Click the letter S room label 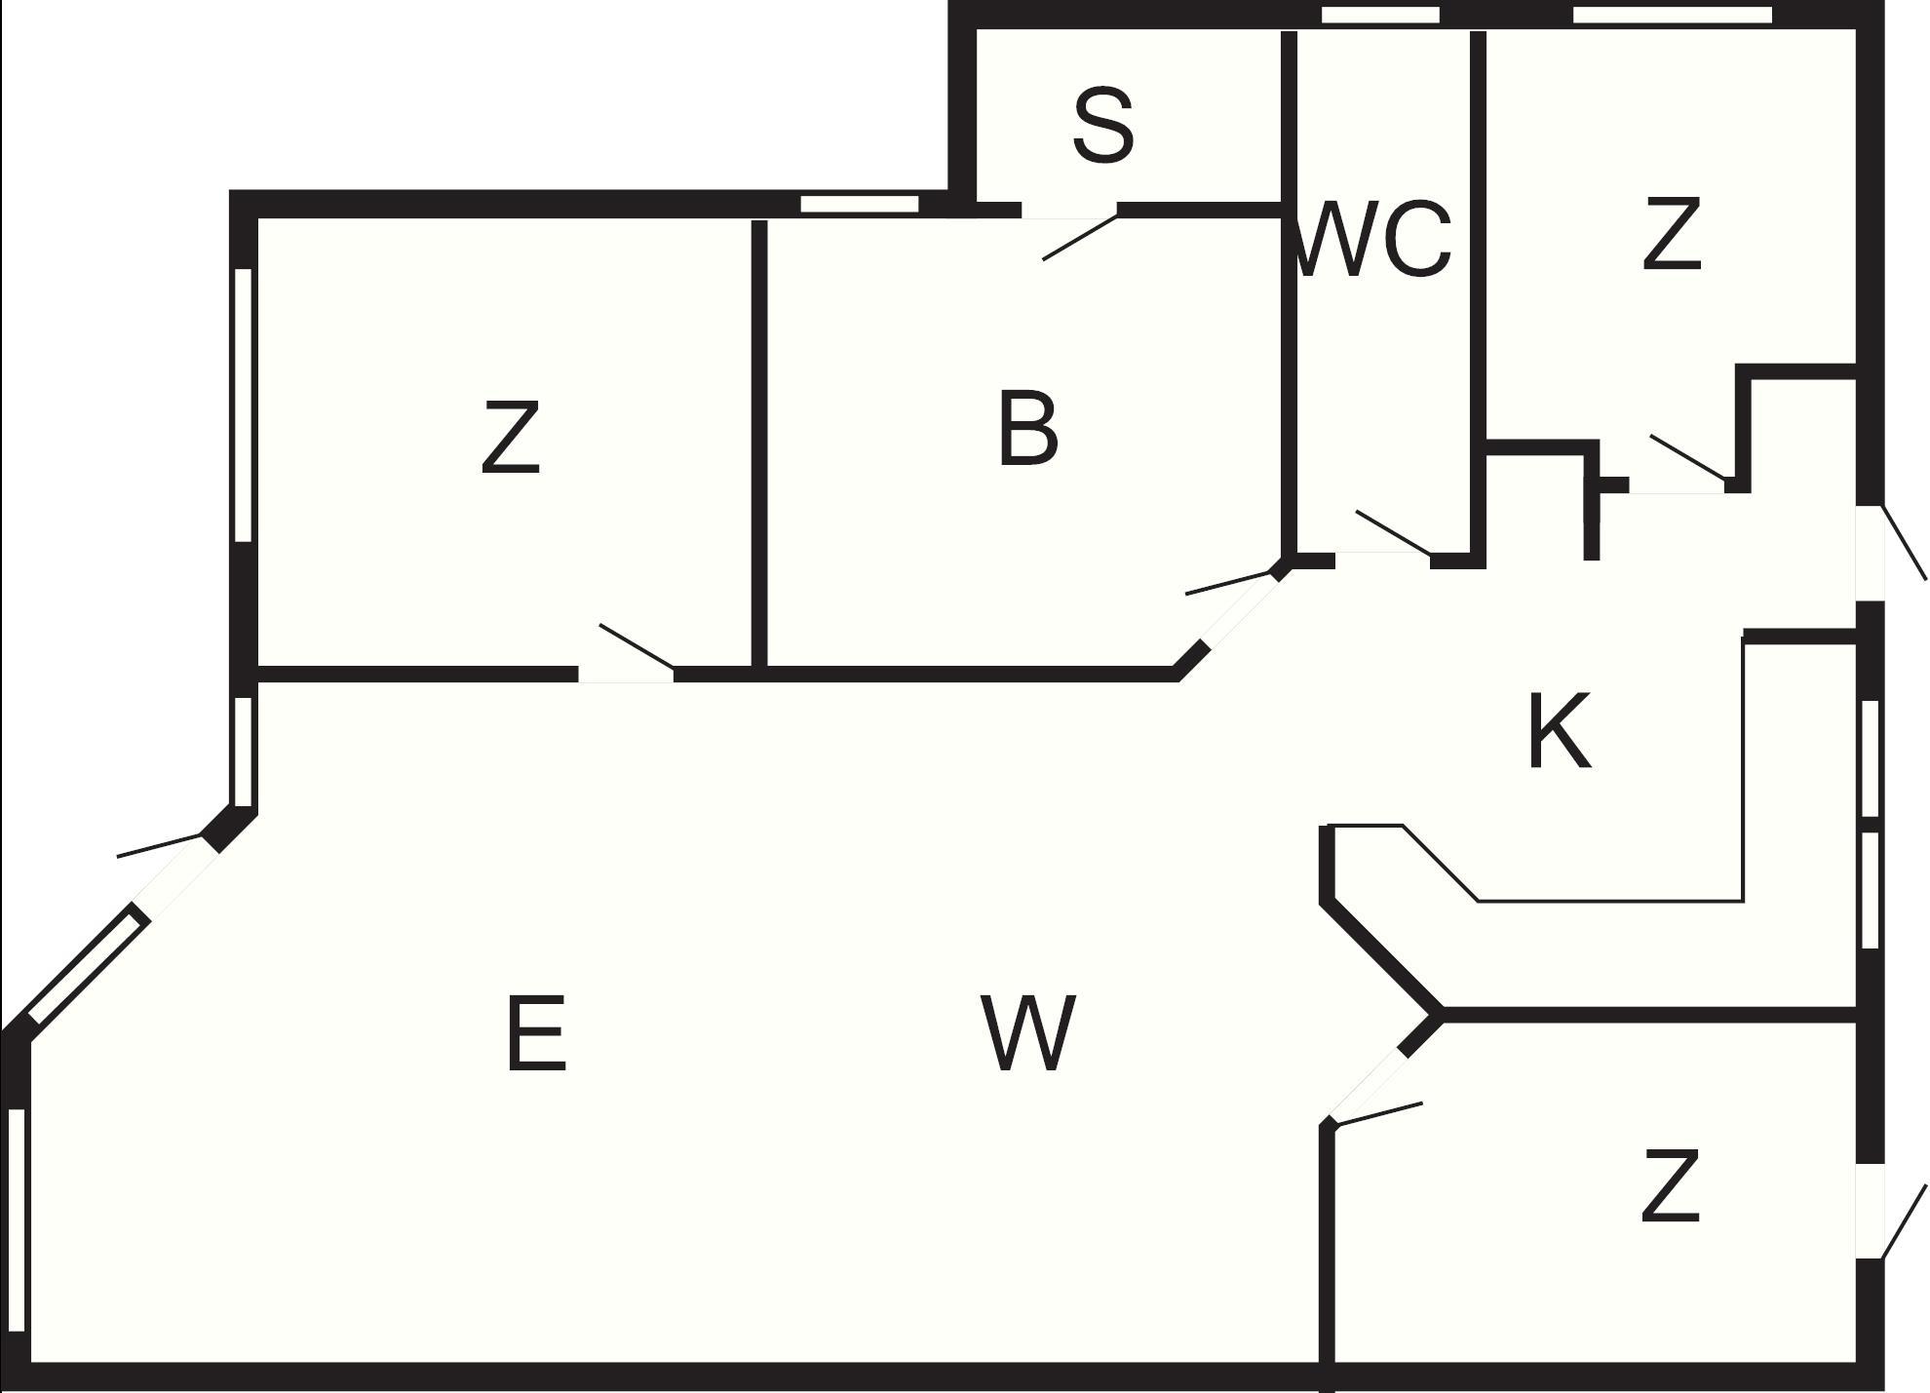pos(1103,126)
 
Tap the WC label pos(1374,239)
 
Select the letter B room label pos(1027,429)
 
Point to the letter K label pos(1559,731)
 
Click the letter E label pos(536,1033)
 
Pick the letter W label pos(1028,1033)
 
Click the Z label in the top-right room pos(1671,233)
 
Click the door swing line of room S pos(1080,238)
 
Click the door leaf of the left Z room pos(637,645)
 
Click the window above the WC pos(1380,15)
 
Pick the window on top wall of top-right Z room pos(1672,15)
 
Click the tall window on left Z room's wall pos(244,405)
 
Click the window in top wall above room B pos(859,204)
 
